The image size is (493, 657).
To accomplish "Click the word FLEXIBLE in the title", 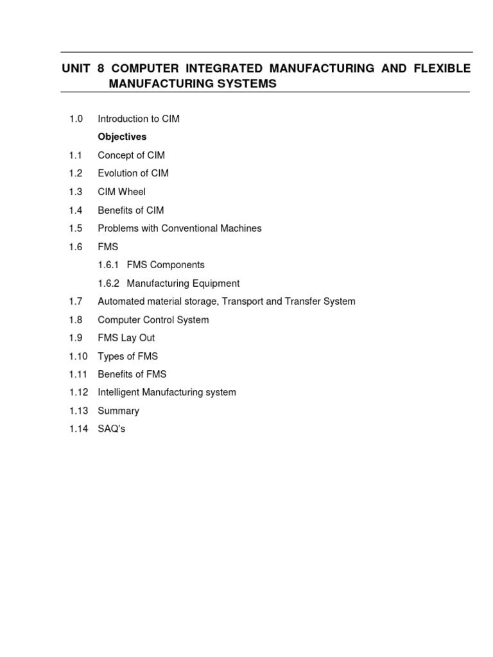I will [x=444, y=68].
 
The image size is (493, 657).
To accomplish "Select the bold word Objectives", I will [x=122, y=137].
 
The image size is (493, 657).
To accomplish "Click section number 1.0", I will [x=76, y=119].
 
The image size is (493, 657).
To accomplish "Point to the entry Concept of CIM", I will [x=131, y=155].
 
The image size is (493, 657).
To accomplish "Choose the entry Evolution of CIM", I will [x=133, y=173].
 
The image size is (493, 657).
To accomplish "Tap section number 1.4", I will [x=76, y=210].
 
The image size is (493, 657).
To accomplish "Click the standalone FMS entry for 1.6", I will [x=108, y=247].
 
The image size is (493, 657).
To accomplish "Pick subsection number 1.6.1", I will [x=110, y=265].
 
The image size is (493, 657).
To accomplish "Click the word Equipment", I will [x=215, y=284].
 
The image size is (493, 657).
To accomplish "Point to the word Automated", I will [x=121, y=302].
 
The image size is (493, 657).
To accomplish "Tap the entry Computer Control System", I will [x=153, y=320].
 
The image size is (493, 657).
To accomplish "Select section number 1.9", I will [x=76, y=338].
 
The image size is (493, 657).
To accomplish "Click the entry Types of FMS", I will [x=127, y=357].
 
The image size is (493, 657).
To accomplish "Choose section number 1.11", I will [x=78, y=375].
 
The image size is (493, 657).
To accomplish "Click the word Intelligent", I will [x=119, y=393].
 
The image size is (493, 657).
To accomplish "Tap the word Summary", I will [x=118, y=411].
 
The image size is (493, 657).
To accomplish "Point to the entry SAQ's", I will [x=111, y=429].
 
